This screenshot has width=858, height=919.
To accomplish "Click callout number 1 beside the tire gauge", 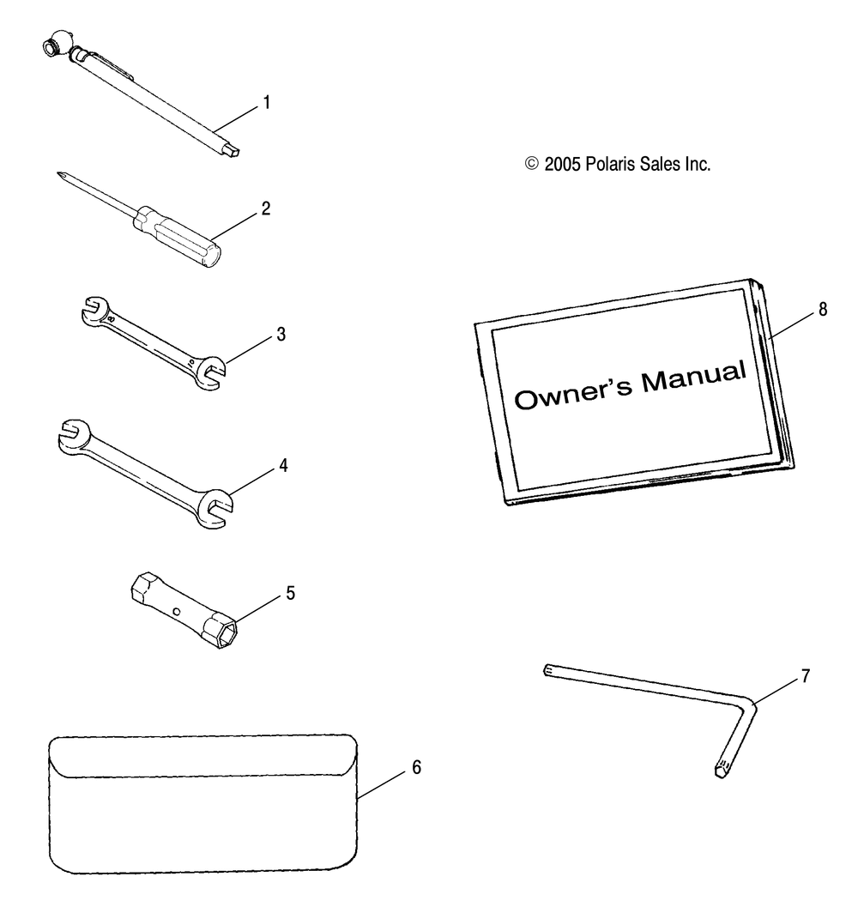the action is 267,103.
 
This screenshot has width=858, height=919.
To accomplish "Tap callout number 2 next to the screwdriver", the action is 266,209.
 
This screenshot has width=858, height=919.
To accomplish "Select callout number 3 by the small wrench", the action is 281,335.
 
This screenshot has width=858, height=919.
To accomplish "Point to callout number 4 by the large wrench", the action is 284,466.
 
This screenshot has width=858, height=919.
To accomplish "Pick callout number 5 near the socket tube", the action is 291,594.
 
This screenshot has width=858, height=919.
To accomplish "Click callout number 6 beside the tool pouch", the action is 417,767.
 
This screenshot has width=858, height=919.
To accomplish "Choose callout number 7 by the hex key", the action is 806,676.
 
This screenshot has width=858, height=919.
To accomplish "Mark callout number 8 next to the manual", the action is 823,310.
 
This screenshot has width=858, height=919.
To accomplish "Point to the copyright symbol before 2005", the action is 532,164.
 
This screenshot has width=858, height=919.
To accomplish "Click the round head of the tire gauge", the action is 56,46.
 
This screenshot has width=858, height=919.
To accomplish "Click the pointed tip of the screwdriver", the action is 59,173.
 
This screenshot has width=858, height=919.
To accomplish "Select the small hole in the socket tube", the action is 175,612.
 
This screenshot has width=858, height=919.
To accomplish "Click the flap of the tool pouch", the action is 202,756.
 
